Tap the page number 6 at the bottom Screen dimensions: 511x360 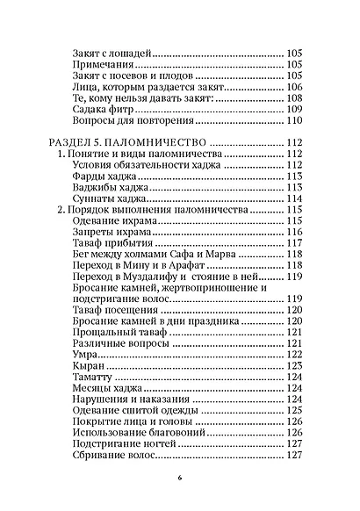pos(180,479)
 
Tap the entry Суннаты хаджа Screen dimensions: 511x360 pos(106,198)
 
